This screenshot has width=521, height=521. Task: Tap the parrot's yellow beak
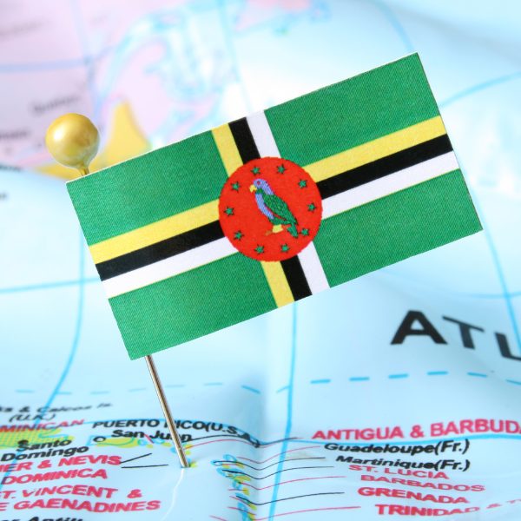tap(253, 187)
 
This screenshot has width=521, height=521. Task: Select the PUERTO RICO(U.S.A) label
tap(174, 425)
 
